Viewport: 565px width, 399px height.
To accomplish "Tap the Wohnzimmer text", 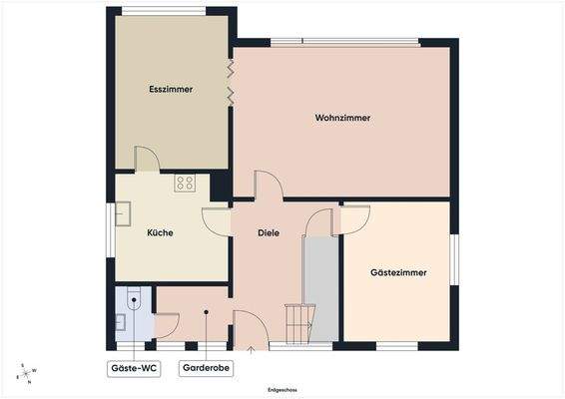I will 342,118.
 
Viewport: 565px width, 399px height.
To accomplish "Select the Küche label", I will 160,232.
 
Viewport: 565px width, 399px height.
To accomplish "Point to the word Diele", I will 268,232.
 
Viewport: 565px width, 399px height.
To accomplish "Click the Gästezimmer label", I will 398,271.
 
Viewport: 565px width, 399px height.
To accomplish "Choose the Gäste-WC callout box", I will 134,368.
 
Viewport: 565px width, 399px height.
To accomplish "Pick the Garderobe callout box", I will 206,368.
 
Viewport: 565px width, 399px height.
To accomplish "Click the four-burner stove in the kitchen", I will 185,183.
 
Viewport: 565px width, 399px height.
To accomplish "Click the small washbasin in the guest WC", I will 120,321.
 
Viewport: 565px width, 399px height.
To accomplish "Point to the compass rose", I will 26,372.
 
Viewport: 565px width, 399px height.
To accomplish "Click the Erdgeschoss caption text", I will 282,389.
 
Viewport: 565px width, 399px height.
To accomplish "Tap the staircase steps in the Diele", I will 296,322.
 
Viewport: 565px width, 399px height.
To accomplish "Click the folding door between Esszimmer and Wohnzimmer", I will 231,82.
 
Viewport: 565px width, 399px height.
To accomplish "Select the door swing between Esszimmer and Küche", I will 146,160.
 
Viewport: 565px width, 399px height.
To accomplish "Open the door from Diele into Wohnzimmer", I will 268,185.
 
